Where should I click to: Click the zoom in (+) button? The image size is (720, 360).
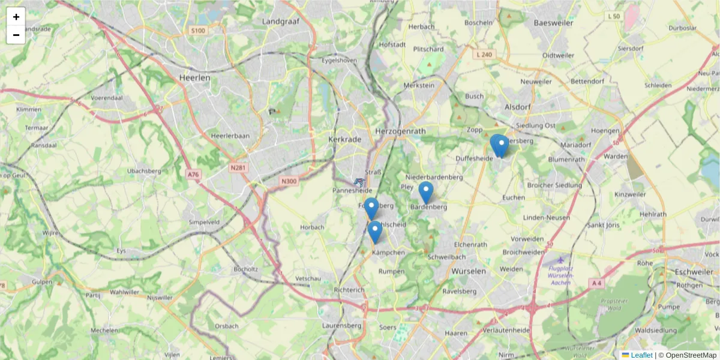tap(16, 17)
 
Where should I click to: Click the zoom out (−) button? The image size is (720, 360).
tap(16, 35)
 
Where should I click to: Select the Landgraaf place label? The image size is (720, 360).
tap(281, 22)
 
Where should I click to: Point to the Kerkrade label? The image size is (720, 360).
tap(345, 139)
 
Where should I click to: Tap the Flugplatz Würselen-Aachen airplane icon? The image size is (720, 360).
tap(560, 260)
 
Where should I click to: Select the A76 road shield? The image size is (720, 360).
tap(193, 175)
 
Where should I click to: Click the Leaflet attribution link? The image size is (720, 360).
tap(641, 355)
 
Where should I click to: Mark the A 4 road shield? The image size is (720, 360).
tap(596, 283)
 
